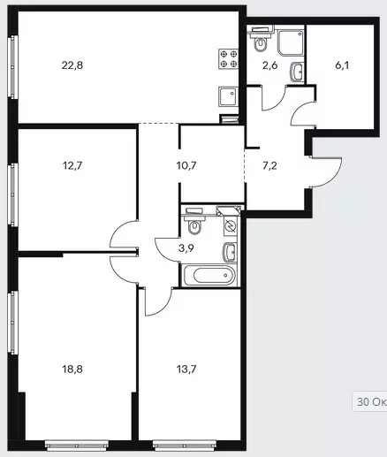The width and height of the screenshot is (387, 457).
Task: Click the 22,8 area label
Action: pos(72,65)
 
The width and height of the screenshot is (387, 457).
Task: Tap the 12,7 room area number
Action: pos(72,165)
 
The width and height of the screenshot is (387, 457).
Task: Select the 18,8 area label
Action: pos(72,369)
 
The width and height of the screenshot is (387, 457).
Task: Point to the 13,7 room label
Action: pos(186,369)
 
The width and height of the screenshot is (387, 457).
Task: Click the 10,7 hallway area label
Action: pos(186,165)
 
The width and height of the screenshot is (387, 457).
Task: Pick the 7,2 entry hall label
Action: pos(269,166)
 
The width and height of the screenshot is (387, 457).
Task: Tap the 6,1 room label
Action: pos(342,65)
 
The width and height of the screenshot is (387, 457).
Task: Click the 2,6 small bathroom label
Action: pos(269,65)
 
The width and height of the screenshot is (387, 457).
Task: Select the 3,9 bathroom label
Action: pos(186,248)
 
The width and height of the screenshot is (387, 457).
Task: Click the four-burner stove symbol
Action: pos(228,58)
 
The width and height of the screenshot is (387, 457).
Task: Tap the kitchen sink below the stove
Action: pos(228,96)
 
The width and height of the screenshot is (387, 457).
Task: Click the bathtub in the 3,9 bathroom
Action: pos(209,276)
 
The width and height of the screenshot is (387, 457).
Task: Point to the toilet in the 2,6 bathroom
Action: pos(261,40)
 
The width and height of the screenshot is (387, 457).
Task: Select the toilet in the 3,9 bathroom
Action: pos(193,221)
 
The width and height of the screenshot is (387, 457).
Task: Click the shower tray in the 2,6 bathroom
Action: pos(291,42)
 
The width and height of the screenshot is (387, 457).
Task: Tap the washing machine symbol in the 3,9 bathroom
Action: pos(231,226)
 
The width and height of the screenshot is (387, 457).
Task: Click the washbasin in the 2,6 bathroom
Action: pos(297,72)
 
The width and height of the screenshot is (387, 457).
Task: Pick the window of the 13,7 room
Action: pos(185,446)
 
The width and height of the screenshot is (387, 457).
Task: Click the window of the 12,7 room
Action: pos(13,194)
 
